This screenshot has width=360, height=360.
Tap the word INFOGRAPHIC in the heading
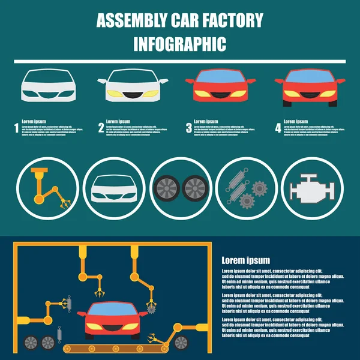179,44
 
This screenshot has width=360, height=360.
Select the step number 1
16,128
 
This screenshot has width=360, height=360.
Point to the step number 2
101,128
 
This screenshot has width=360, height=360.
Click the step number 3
188,128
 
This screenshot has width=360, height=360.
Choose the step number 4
278,128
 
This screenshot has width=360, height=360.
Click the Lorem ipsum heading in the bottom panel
246,260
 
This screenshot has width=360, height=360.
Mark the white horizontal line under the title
179,61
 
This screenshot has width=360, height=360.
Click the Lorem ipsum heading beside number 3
206,121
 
